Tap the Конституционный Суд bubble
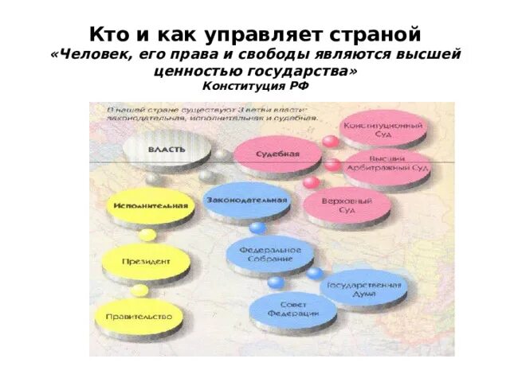pos(383,130)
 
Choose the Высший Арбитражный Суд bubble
pos(387,168)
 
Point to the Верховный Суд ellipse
pos(347,206)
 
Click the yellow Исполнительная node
pos(151,206)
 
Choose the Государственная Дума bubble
pos(363,288)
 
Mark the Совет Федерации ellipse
pos(292,309)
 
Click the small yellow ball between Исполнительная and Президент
pos(147,234)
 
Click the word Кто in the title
pos(106,34)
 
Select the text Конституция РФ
pos(255,86)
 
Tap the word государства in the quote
pos(304,71)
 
